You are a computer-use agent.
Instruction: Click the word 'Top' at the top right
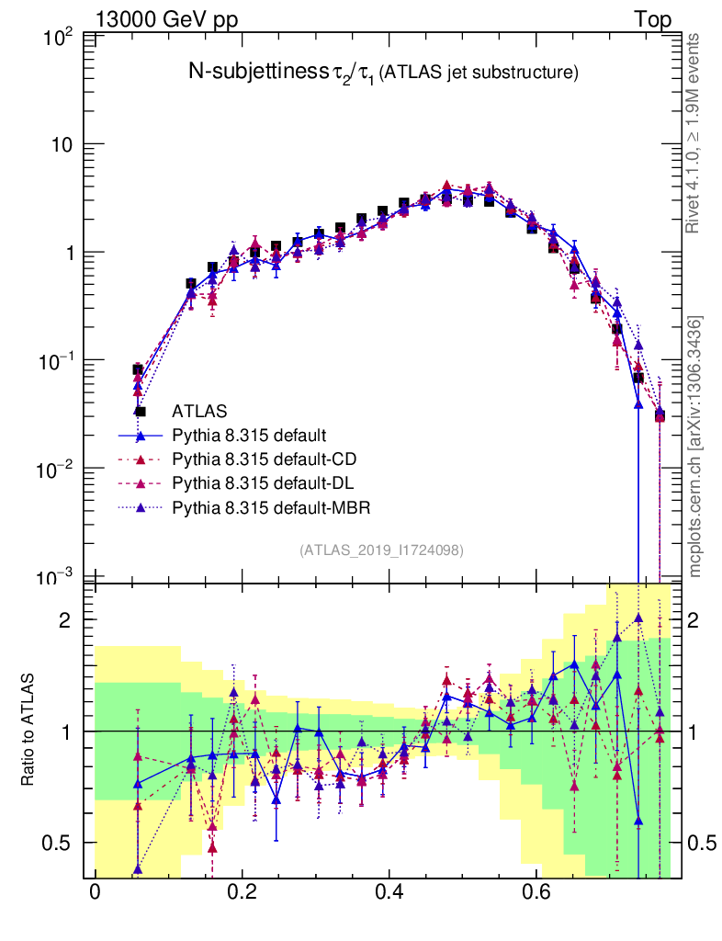651,19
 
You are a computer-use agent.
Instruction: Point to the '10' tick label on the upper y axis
64,145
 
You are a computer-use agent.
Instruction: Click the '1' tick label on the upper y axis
71,253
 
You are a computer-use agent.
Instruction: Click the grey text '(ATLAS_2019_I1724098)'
380,550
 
